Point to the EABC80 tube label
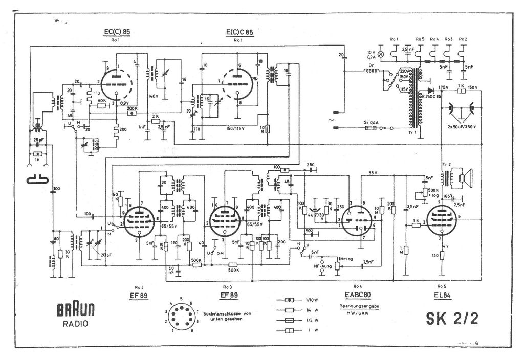click(x=358, y=295)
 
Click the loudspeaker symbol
click(x=464, y=178)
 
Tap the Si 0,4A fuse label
click(x=371, y=123)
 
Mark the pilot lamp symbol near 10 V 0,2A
click(x=380, y=53)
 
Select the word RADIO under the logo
click(x=75, y=323)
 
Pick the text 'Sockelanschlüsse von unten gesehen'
click(x=227, y=316)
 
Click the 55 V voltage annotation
click(x=373, y=174)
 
